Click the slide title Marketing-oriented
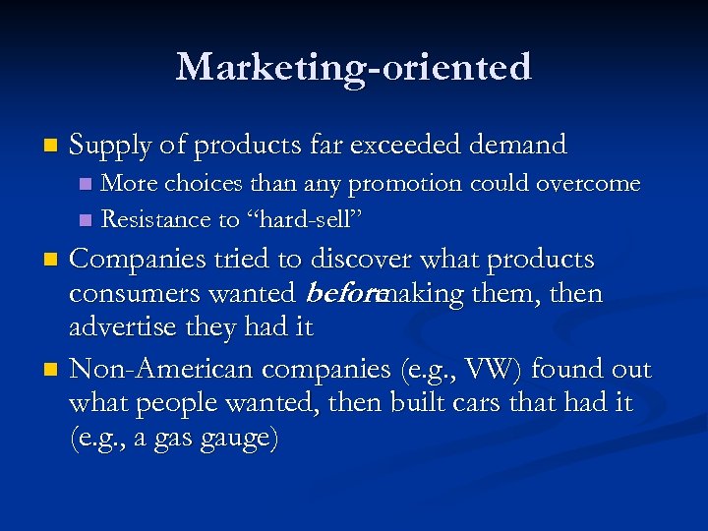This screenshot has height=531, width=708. (354, 67)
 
